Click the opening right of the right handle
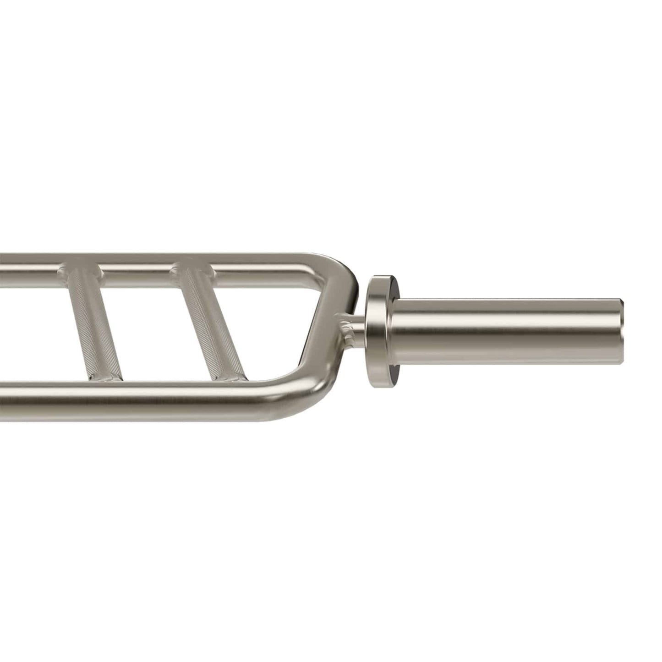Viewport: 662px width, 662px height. click(x=275, y=330)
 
